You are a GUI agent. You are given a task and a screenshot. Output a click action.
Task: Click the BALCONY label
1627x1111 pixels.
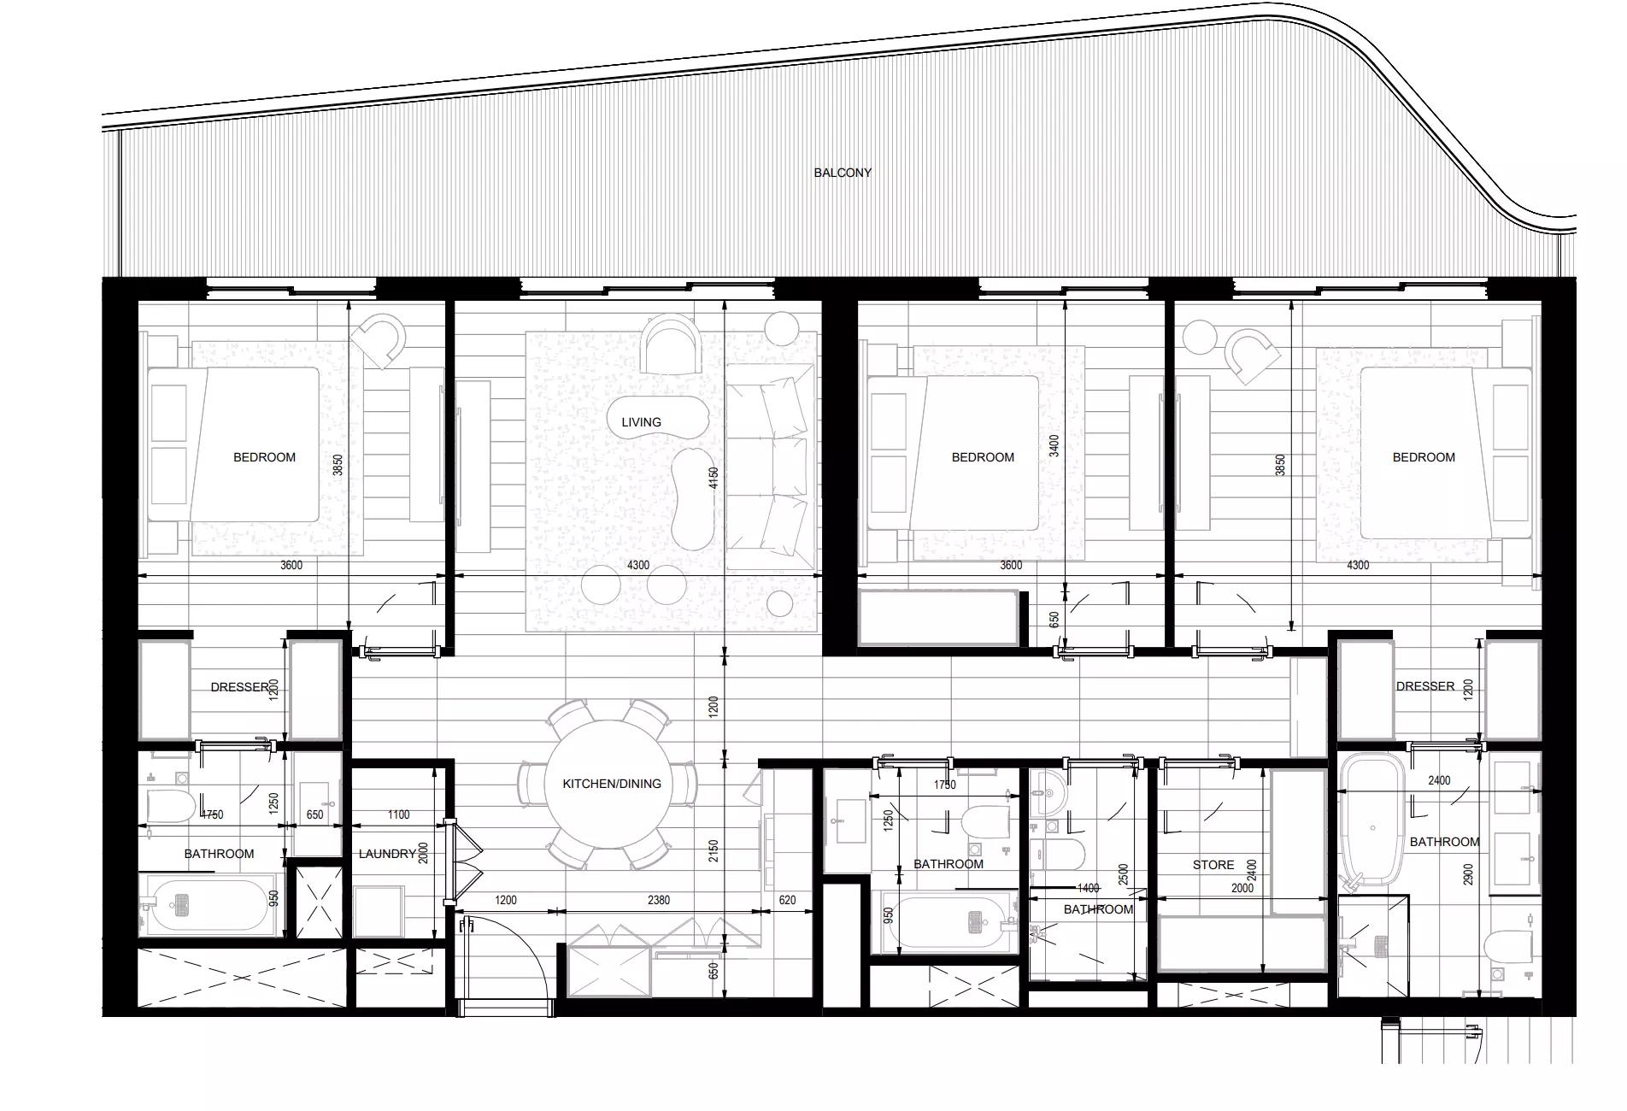(x=843, y=173)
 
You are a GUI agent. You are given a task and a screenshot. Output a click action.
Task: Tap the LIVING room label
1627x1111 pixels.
(x=641, y=422)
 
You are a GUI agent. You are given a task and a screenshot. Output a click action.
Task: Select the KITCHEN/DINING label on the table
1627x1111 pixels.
(x=611, y=784)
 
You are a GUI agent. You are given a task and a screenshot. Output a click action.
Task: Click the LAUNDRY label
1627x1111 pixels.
(x=387, y=854)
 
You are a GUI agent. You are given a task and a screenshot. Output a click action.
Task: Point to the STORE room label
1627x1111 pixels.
(x=1213, y=865)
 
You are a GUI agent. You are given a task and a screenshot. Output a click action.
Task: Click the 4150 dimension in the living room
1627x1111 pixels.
(x=714, y=478)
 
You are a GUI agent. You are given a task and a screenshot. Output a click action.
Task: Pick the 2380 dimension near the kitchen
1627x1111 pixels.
(x=659, y=900)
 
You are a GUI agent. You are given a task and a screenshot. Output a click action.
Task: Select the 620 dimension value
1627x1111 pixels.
(x=787, y=900)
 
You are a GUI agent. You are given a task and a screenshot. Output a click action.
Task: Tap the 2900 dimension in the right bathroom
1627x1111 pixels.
(x=1468, y=874)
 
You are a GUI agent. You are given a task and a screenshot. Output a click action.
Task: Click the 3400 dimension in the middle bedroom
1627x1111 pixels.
(x=1054, y=445)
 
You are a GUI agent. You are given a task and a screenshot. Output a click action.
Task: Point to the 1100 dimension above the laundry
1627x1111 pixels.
(x=398, y=815)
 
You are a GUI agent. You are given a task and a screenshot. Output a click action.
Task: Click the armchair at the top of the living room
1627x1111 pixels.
(x=672, y=344)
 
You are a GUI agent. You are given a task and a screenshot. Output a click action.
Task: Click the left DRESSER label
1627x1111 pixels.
(x=240, y=687)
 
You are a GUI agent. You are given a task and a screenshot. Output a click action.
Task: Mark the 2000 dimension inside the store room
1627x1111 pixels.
(x=1242, y=888)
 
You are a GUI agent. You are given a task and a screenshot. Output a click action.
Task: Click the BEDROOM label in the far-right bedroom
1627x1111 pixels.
(x=1424, y=457)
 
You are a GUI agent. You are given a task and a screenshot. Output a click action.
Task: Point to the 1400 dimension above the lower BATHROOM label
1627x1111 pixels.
(x=1088, y=889)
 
